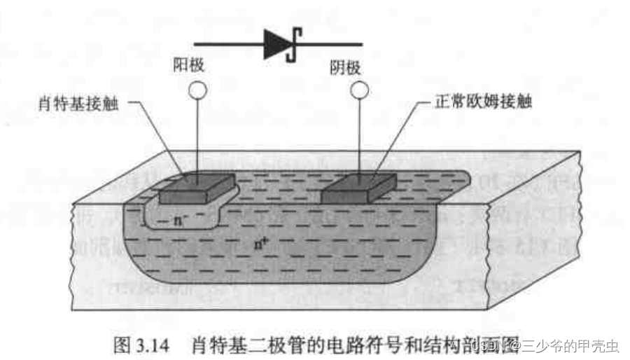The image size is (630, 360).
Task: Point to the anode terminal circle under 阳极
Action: pos(199,90)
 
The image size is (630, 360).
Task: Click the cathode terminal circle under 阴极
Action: pos(358,90)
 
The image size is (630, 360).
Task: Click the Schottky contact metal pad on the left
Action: pos(195,188)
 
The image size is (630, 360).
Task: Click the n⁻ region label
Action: pos(181,221)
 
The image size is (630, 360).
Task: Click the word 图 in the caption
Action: pos(122,344)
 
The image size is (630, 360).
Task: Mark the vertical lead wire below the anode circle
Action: pos(199,137)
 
